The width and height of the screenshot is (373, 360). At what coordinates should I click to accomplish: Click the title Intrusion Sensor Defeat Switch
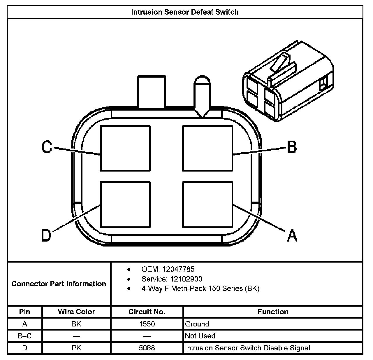tap(185, 12)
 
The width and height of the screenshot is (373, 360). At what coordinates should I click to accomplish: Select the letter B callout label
tap(292, 147)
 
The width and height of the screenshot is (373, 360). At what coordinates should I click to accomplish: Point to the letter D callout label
tap(46, 235)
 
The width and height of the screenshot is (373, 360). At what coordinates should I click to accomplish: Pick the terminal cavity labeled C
tap(126, 148)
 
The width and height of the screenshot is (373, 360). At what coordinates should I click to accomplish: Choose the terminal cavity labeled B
tap(207, 148)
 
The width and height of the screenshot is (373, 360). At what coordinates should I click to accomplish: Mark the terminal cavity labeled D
tap(126, 205)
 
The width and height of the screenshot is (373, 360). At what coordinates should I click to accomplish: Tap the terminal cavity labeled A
tap(207, 205)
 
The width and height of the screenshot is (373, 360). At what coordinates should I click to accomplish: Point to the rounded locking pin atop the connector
tap(202, 96)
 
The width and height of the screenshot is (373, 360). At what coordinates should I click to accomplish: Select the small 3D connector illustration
tap(288, 82)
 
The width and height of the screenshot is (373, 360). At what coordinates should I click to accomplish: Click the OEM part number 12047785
tap(178, 269)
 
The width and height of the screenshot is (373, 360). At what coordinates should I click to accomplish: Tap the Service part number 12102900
tap(186, 279)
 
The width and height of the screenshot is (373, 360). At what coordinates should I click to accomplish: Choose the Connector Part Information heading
tap(59, 284)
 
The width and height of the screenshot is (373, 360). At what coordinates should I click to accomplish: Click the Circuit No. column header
tap(147, 312)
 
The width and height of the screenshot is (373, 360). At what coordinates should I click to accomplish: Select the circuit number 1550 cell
tap(147, 324)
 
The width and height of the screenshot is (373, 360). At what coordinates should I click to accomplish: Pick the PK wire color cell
tap(76, 348)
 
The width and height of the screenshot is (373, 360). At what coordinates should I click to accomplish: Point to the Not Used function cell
tap(200, 336)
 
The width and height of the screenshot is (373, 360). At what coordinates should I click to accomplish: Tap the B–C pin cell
tap(25, 336)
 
